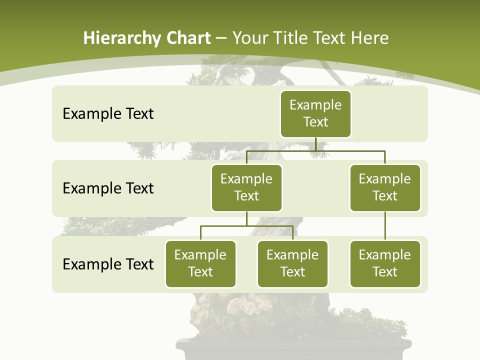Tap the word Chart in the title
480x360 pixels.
click(x=188, y=38)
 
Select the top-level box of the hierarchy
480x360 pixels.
click(x=315, y=114)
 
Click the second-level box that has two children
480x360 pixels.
click(x=246, y=188)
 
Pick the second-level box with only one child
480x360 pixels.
click(x=385, y=188)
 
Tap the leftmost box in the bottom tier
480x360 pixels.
click(x=200, y=264)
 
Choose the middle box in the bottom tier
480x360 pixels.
click(x=292, y=264)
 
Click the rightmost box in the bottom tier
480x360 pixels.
click(x=385, y=264)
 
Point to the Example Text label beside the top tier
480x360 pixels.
click(x=108, y=114)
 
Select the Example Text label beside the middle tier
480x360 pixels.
click(x=108, y=188)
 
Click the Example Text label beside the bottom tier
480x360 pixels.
click(x=108, y=264)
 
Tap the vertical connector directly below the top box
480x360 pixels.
click(x=315, y=144)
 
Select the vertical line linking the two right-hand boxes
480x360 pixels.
click(x=385, y=226)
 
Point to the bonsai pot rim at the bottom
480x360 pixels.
click(x=295, y=345)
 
